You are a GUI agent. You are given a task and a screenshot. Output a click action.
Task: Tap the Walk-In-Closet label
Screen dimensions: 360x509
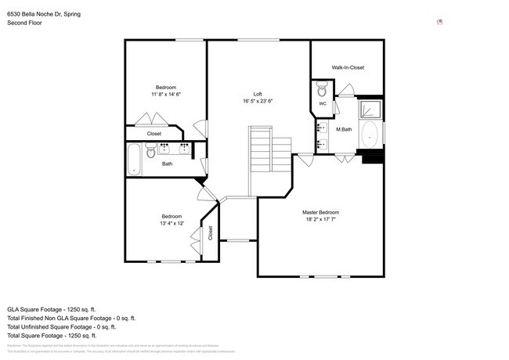348,67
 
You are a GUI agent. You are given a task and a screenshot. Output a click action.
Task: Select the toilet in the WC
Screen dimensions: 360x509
322,89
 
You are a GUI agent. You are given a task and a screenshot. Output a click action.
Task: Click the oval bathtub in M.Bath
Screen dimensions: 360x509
370,135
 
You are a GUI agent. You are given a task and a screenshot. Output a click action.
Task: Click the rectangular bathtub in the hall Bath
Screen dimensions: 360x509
133,159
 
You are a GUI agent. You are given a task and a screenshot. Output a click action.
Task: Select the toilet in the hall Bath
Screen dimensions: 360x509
151,150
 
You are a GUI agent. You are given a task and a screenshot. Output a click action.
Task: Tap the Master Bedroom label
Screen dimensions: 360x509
321,212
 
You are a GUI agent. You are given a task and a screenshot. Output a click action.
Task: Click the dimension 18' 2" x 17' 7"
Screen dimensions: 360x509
321,219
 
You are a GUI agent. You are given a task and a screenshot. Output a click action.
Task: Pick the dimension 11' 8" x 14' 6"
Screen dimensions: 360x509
165,94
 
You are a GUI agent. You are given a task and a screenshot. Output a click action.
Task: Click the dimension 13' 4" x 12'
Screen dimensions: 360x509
171,223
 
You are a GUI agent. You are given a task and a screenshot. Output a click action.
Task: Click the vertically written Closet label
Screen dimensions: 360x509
210,232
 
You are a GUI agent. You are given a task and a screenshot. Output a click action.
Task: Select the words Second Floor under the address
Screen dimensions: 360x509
24,23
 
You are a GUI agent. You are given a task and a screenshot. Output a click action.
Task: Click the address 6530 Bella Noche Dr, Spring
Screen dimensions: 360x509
44,14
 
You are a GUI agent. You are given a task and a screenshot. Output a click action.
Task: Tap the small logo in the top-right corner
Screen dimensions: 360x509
440,22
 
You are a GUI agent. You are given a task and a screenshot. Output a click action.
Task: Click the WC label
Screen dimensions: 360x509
322,103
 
